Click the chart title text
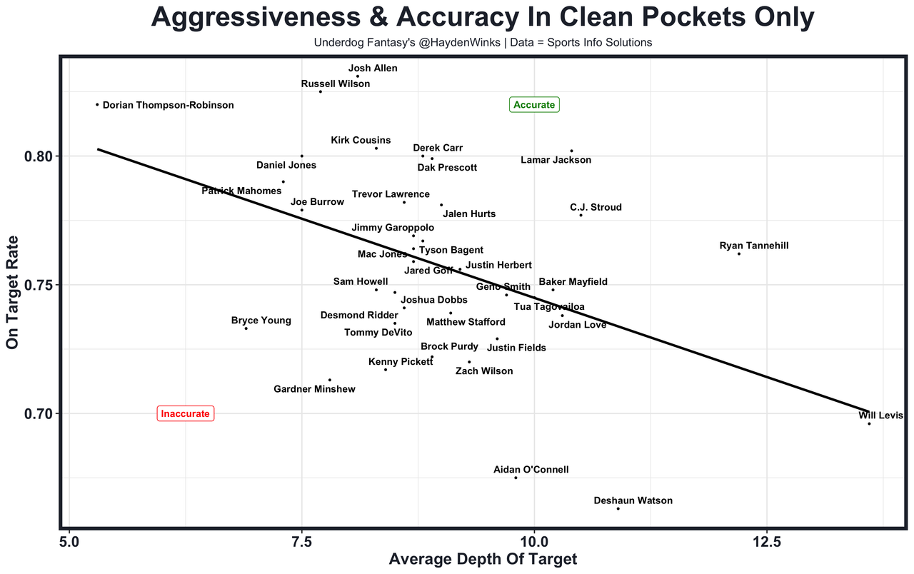(x=483, y=18)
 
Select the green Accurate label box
(x=534, y=105)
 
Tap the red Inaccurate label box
(x=186, y=413)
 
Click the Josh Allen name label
(x=373, y=69)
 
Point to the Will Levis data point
(x=869, y=424)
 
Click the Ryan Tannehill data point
(x=739, y=254)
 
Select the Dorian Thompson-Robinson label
(x=168, y=105)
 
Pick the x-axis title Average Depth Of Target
(x=483, y=560)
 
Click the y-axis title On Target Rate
(x=12, y=293)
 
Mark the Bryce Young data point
(x=246, y=328)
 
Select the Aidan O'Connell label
(x=531, y=470)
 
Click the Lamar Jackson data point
(x=572, y=151)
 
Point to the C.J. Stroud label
(x=596, y=207)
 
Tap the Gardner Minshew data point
(x=330, y=380)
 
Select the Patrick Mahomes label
(x=241, y=191)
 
